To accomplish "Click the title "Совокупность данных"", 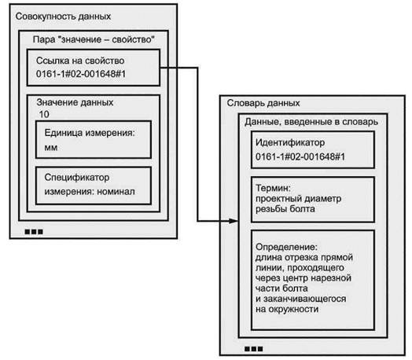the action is click(x=63, y=17).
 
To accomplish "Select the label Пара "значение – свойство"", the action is click(x=94, y=39).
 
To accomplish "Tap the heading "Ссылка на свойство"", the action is click(x=80, y=61).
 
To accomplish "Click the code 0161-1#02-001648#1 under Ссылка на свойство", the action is click(x=81, y=74).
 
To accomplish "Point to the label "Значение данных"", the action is click(x=75, y=102).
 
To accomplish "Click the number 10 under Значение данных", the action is click(x=44, y=114).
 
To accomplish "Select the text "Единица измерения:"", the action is click(x=90, y=133).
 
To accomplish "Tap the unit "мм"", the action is click(x=50, y=148).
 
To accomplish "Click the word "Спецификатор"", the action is click(x=77, y=178).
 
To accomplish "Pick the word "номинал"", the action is click(x=116, y=192).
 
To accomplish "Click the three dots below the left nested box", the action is click(x=34, y=232).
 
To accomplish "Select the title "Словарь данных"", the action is click(x=263, y=103).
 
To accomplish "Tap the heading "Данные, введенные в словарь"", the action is click(x=311, y=122).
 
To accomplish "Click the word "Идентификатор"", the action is click(x=290, y=143).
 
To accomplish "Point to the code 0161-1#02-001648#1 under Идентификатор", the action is click(x=300, y=157).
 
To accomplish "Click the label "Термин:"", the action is click(x=273, y=188).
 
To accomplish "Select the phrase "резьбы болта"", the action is click(x=285, y=209).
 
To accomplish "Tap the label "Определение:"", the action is click(x=287, y=247).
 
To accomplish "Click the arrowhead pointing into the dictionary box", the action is click(x=234, y=221).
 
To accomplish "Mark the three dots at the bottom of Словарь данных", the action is click(x=253, y=349).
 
